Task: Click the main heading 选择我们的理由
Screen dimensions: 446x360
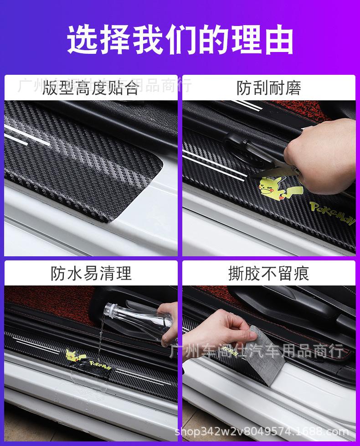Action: point(180,40)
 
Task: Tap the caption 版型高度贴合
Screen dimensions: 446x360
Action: point(91,88)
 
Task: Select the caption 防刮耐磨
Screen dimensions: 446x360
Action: point(269,88)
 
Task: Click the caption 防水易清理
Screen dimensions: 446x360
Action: point(91,273)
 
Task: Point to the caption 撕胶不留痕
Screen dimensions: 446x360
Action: point(269,273)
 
